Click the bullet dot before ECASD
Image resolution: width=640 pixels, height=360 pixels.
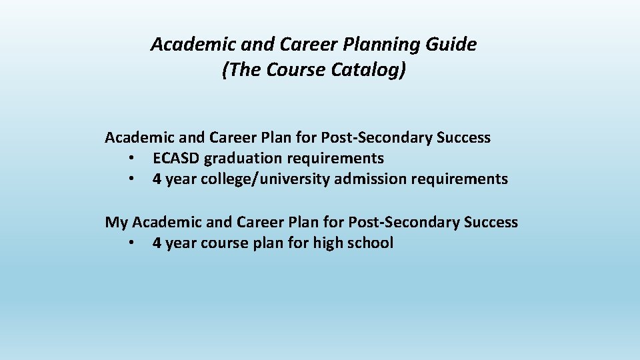[x=133, y=159]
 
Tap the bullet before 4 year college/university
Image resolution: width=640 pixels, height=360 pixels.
[x=133, y=180]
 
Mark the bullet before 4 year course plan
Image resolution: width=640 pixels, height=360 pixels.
[x=133, y=243]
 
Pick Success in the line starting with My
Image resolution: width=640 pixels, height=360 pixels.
[x=491, y=222]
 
